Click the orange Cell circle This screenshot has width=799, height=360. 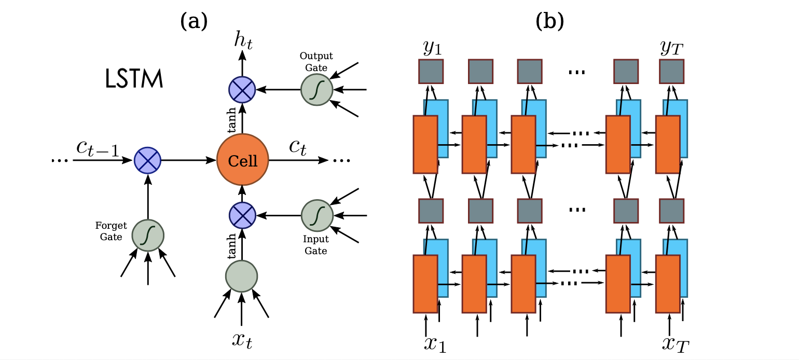pos(242,160)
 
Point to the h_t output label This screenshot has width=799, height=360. pos(242,41)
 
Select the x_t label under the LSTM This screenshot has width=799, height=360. pos(242,341)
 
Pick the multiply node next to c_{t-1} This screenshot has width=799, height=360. pos(148,160)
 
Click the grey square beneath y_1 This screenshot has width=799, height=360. pos(431,71)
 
